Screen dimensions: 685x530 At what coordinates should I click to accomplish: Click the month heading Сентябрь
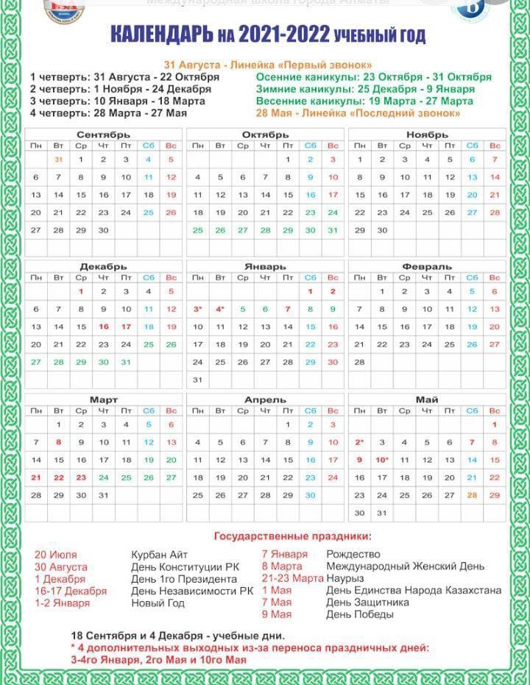click(x=103, y=135)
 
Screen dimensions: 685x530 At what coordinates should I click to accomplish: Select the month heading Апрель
click(x=265, y=400)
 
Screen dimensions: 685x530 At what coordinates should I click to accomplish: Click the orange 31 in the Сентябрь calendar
click(x=58, y=159)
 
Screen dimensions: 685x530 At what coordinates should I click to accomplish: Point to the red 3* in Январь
click(x=197, y=310)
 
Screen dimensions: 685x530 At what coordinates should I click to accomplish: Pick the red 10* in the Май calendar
click(x=382, y=460)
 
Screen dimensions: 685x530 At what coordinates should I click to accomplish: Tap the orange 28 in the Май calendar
click(x=472, y=495)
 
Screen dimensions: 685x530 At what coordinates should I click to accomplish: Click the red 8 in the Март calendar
click(x=58, y=442)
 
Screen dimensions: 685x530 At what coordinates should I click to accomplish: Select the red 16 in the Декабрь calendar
click(x=103, y=327)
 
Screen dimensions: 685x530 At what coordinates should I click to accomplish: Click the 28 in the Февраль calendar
click(x=359, y=362)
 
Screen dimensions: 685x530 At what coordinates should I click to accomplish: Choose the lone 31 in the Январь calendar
click(x=197, y=380)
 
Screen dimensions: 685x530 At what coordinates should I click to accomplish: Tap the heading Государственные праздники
click(x=292, y=536)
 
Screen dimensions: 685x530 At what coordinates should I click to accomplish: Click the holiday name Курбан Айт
click(x=160, y=555)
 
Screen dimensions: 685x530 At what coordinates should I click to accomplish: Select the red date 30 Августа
click(x=60, y=567)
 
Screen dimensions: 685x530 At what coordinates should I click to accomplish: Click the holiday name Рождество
click(x=353, y=554)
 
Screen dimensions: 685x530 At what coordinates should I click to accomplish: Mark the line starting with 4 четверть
click(x=109, y=113)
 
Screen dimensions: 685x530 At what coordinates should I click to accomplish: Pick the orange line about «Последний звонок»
click(x=358, y=113)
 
